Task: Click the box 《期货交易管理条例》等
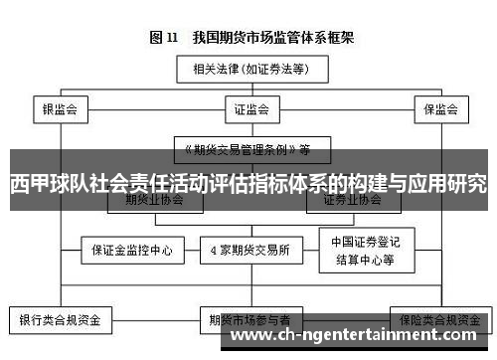tap(245, 149)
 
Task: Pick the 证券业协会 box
tap(352, 198)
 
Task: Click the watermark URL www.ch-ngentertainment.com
tap(362, 337)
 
